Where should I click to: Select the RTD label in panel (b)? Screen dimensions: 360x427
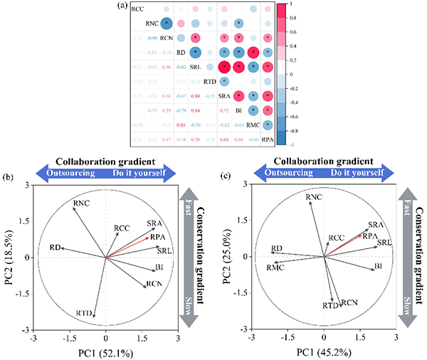point(85,313)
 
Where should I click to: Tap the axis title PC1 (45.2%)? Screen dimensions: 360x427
point(323,352)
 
